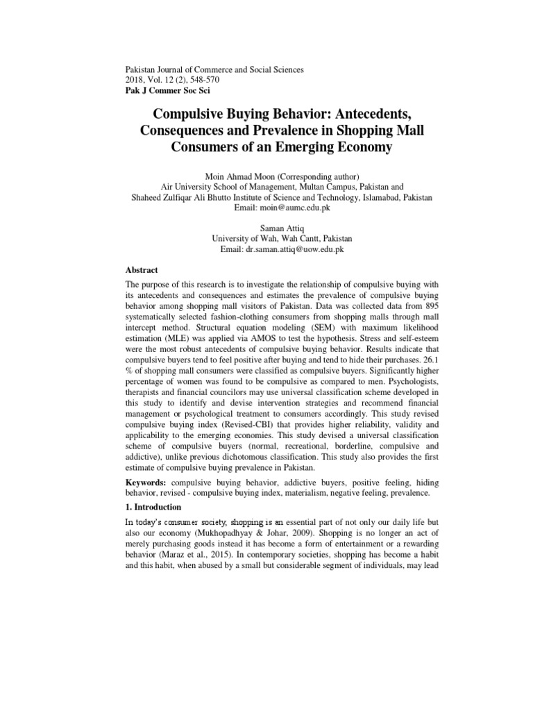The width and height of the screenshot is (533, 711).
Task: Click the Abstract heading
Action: point(142,270)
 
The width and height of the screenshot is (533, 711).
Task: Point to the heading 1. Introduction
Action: point(153,507)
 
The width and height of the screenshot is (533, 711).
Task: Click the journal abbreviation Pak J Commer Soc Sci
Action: point(167,91)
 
